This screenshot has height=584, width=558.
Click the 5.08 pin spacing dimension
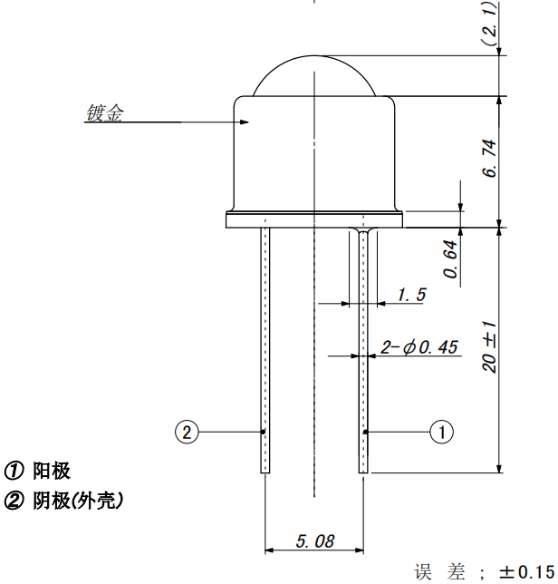[x=314, y=541]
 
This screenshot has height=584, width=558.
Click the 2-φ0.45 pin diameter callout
[x=419, y=347]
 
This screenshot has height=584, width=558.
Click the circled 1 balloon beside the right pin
[x=441, y=432]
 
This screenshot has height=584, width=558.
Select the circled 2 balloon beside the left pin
[x=187, y=432]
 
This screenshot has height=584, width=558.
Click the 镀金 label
[x=104, y=113]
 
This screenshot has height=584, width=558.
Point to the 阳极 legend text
[x=51, y=471]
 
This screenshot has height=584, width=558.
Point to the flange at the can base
[x=313, y=218]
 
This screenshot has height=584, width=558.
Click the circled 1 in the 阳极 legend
[x=15, y=471]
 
